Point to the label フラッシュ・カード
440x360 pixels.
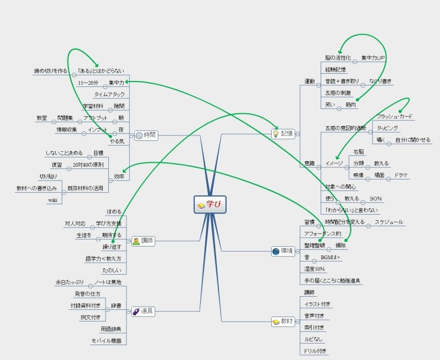point(395,117)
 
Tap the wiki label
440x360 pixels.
point(53,200)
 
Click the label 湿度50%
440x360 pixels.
point(315,269)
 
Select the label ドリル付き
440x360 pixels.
point(315,351)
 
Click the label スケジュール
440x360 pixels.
point(389,222)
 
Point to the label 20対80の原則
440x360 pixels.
point(87,165)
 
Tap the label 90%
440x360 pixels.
point(376,198)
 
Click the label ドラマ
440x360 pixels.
point(400,175)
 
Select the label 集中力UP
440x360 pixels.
point(373,58)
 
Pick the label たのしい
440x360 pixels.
point(112,270)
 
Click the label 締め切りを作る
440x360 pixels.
point(50,70)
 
